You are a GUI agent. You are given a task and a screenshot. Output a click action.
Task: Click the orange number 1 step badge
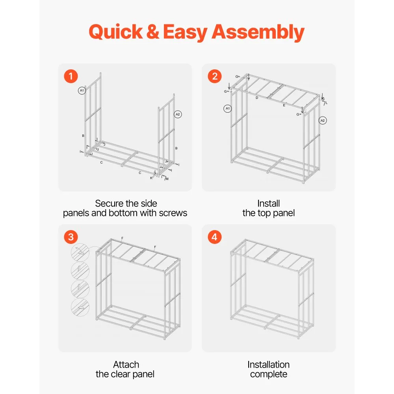(x=71, y=76)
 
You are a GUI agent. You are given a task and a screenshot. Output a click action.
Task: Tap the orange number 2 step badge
(x=215, y=76)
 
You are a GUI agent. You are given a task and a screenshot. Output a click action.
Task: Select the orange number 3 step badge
(x=71, y=237)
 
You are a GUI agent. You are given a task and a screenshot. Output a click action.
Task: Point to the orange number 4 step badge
(x=215, y=237)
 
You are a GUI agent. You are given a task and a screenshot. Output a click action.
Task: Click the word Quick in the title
(x=116, y=32)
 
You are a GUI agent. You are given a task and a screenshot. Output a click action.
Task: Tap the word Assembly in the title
(x=258, y=32)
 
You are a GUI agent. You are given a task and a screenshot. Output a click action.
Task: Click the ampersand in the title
(x=152, y=32)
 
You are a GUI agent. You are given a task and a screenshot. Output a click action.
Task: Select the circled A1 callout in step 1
(x=82, y=91)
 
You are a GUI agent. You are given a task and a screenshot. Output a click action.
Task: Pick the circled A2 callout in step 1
(x=178, y=114)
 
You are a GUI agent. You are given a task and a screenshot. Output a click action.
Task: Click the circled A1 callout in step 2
(x=228, y=109)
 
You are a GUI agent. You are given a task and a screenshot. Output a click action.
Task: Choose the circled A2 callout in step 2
(x=323, y=121)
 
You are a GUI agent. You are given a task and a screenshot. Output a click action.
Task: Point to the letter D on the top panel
(x=257, y=98)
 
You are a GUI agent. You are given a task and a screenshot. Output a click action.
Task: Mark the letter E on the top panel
(x=284, y=105)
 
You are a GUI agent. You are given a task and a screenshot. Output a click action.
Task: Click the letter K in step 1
(x=151, y=178)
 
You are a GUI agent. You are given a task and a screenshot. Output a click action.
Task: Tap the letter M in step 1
(x=167, y=179)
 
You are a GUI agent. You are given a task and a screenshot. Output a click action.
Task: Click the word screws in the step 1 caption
(x=173, y=213)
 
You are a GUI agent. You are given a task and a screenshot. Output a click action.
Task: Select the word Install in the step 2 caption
(x=268, y=203)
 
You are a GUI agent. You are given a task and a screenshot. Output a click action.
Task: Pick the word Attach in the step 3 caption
(x=126, y=364)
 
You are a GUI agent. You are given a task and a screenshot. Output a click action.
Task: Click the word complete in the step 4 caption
(x=269, y=374)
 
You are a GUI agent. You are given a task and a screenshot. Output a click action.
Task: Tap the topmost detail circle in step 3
(x=80, y=253)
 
